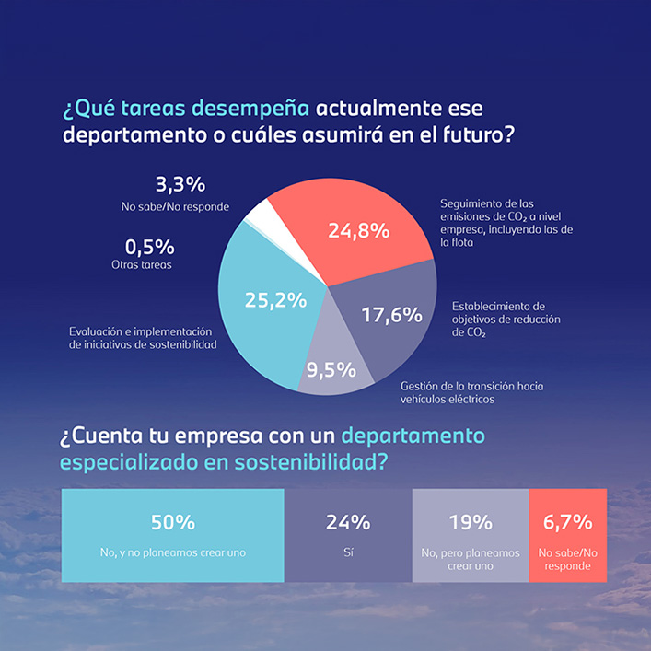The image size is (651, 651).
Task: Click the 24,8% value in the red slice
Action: tap(358, 231)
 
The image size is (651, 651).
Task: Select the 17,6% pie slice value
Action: tap(391, 315)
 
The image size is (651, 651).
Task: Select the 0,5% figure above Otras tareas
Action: tap(149, 247)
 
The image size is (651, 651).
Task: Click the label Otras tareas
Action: tap(149, 264)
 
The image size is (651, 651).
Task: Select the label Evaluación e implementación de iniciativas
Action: tap(142, 338)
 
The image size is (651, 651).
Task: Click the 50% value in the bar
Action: tap(173, 522)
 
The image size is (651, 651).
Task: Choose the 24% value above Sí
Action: tap(348, 522)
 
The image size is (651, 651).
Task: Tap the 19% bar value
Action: tap(470, 522)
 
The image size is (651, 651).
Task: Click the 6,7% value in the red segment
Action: tap(567, 522)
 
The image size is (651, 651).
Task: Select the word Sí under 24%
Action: tap(348, 552)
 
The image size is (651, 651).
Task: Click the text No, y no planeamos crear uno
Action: tap(173, 552)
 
